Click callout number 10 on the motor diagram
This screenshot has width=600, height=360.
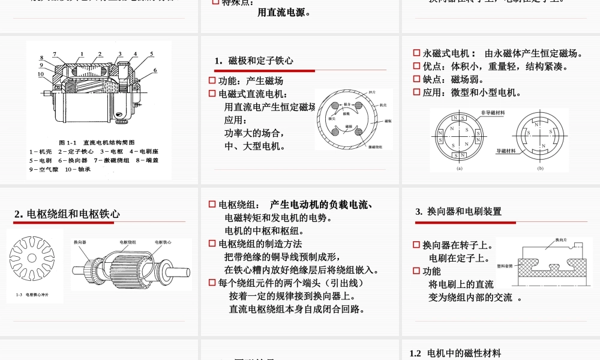tap(41, 74)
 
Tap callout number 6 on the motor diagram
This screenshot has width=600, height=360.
tap(155, 70)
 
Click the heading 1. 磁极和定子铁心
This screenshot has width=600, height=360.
tap(254, 61)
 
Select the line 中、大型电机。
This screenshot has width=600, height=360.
tap(255, 146)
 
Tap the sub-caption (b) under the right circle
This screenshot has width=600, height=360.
tap(540, 169)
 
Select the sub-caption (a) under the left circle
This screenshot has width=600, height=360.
tap(460, 169)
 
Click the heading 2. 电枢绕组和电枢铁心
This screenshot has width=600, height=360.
tap(67, 214)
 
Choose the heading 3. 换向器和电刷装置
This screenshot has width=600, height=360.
tap(458, 211)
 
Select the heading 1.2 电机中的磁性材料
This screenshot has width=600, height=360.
tap(455, 353)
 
